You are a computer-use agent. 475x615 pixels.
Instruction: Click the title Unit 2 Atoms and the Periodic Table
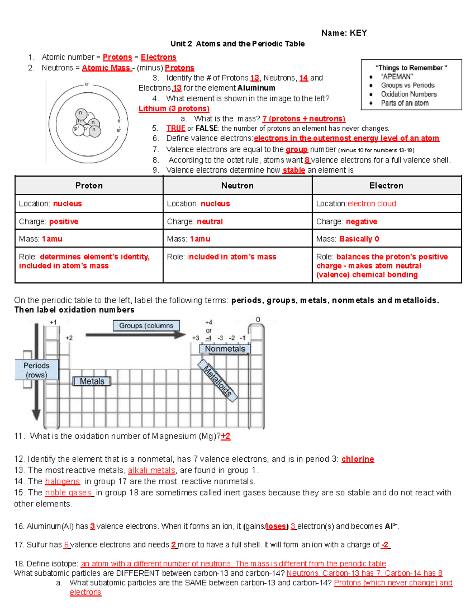click(x=237, y=44)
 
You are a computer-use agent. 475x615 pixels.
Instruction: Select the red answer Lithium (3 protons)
click(x=174, y=109)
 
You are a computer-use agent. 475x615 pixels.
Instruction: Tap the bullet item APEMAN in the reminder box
click(x=397, y=76)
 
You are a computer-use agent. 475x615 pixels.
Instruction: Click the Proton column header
click(x=89, y=185)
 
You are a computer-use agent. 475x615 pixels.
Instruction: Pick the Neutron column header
click(x=237, y=185)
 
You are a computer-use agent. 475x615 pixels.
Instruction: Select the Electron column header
click(x=386, y=185)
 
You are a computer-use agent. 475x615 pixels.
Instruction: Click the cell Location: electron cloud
click(x=356, y=204)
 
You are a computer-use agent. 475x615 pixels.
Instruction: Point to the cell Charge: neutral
click(x=195, y=221)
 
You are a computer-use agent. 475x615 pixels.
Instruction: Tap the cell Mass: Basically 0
click(x=348, y=239)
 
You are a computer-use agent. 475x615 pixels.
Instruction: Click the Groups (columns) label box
click(x=146, y=326)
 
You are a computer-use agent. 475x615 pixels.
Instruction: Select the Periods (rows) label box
click(x=36, y=370)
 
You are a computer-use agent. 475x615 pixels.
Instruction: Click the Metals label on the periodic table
click(x=92, y=381)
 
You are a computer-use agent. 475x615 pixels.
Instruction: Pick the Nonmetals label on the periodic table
click(x=225, y=349)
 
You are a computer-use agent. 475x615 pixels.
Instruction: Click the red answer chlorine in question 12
click(x=357, y=459)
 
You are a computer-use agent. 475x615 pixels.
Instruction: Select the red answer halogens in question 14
click(x=62, y=482)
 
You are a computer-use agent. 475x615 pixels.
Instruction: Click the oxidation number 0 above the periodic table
click(x=258, y=320)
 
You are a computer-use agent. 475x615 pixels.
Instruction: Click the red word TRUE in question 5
click(x=175, y=128)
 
